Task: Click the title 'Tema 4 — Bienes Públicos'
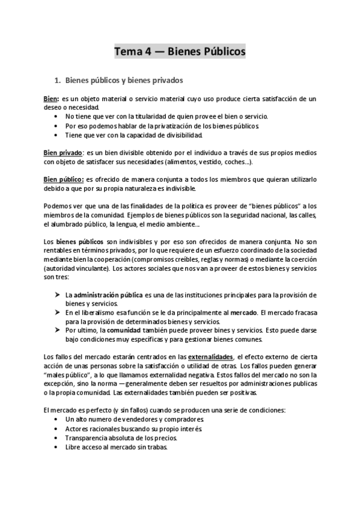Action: (x=180, y=52)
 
